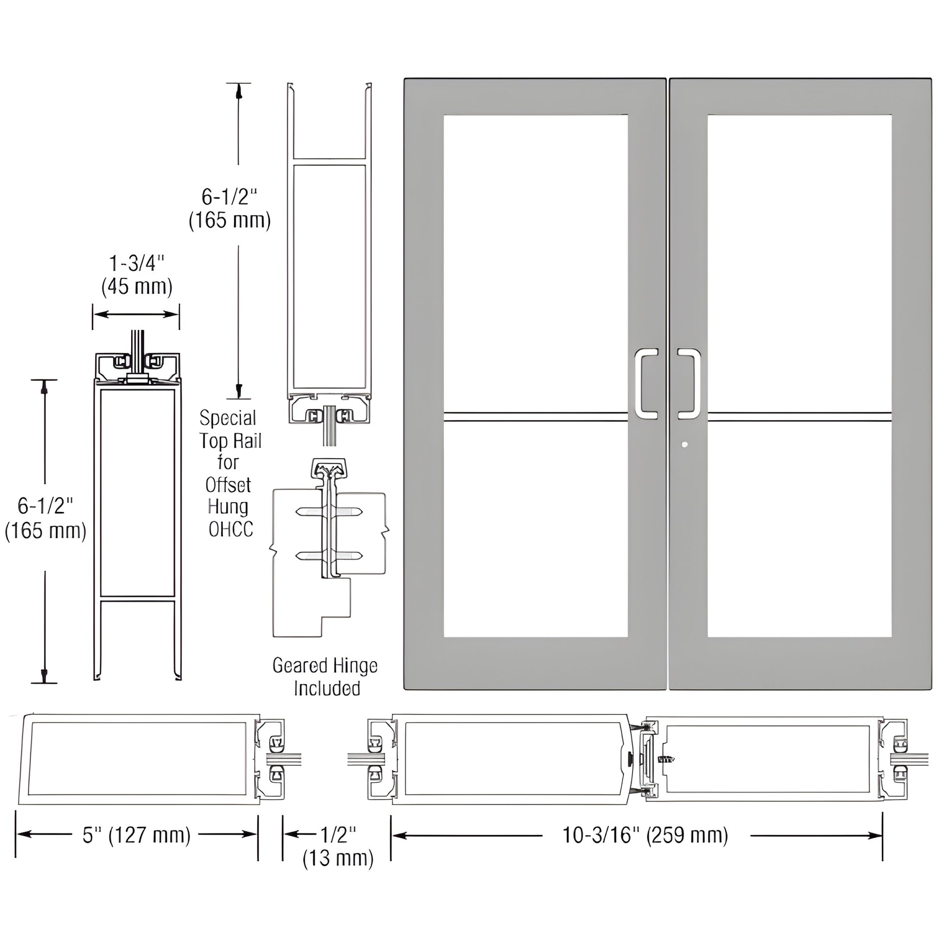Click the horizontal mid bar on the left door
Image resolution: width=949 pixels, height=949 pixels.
coord(535,417)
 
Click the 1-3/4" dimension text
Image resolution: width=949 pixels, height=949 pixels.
coord(136,264)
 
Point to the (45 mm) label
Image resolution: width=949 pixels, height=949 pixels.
coord(137,286)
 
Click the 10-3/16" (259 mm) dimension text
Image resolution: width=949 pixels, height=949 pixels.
coord(645,835)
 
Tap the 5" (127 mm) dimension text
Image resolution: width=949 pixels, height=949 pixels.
coord(136,835)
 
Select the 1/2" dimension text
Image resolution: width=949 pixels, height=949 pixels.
coord(338,833)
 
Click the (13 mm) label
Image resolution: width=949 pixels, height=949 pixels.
coord(338,858)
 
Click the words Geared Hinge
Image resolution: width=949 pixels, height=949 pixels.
coord(325,666)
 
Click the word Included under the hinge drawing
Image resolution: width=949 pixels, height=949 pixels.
coord(327,688)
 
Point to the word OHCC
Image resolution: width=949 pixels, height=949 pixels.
coord(230,530)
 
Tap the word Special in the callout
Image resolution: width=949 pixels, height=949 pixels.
coord(228,418)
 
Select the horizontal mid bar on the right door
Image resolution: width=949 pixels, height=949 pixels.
coord(799,417)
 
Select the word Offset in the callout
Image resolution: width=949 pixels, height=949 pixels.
coord(228,485)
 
